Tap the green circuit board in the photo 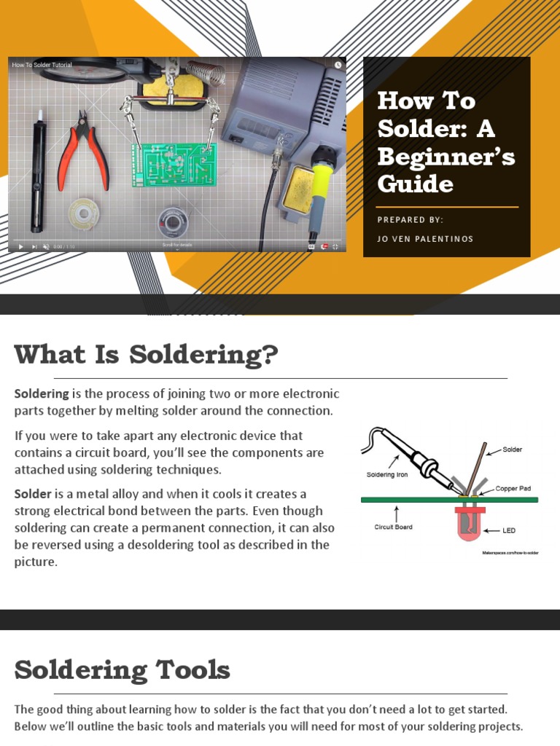point(174,164)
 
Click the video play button point(20,246)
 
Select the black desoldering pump point(36,175)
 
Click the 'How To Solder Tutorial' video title point(42,65)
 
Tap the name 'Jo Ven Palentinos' point(425,239)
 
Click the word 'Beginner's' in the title point(446,156)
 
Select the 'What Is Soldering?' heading point(146,355)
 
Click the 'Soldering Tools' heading point(122,670)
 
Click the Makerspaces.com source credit point(510,553)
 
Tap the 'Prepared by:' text point(410,220)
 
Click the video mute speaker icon point(46,246)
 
